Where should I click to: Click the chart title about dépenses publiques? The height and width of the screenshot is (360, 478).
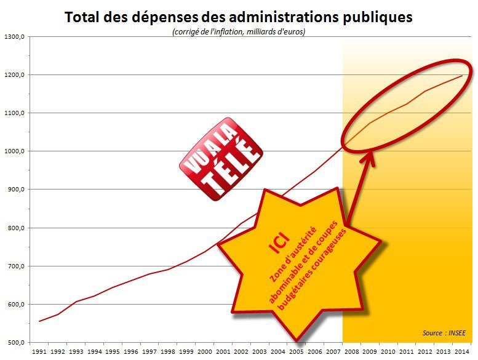239,17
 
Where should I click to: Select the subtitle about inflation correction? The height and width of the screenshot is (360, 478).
239,31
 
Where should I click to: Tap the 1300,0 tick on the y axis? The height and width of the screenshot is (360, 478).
14,36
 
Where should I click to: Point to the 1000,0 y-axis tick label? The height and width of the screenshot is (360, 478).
14,151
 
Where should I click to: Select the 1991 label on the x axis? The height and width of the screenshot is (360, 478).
38,351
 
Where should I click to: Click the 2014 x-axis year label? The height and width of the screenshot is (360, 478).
462,351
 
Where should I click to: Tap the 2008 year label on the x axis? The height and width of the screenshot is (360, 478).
351,351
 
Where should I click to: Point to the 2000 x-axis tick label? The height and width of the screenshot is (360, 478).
204,351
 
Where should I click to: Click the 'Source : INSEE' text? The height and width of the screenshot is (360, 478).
444,333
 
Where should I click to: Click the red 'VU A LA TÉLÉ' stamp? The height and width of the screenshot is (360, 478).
220,159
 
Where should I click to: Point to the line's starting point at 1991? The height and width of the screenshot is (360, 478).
39,321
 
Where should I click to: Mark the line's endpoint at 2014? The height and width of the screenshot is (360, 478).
462,76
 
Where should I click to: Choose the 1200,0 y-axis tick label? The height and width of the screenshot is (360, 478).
14,74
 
